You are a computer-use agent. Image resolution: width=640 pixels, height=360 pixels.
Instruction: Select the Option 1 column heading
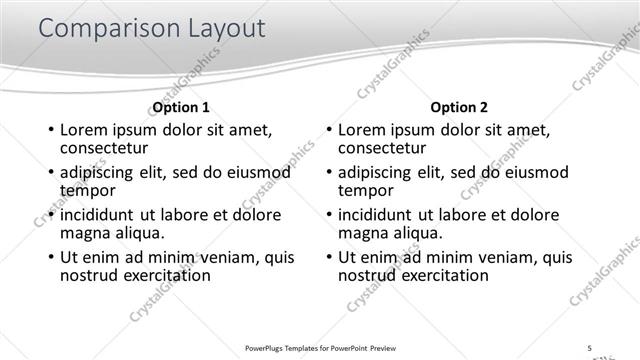(181, 107)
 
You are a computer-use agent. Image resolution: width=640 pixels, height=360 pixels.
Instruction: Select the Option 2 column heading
(459, 107)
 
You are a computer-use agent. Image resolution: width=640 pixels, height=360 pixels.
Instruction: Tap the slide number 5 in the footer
(590, 347)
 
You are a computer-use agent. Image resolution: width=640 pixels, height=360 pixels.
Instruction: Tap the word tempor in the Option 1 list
(88, 190)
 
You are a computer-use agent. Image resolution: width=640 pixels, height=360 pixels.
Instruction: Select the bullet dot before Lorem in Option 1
(51, 130)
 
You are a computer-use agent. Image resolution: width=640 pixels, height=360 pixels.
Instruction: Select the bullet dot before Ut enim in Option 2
(329, 257)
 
